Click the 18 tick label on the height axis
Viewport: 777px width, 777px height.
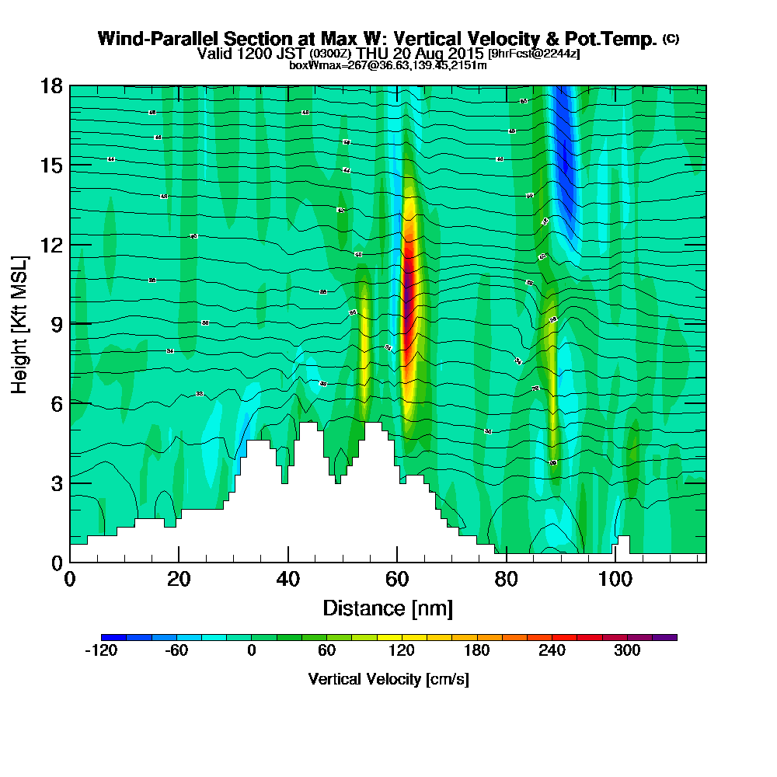tap(51, 85)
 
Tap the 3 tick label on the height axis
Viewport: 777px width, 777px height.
tap(56, 483)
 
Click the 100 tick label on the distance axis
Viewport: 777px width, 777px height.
tap(615, 580)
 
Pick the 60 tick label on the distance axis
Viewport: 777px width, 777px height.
tap(397, 580)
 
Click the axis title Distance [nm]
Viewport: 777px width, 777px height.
tap(388, 607)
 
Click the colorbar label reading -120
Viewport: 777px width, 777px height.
tap(100, 651)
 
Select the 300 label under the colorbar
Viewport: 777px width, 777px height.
tap(627, 651)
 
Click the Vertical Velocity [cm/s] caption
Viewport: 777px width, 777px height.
tap(388, 679)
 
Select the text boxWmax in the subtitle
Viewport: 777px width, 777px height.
tap(311, 65)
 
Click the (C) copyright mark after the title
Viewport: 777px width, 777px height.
tap(671, 39)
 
